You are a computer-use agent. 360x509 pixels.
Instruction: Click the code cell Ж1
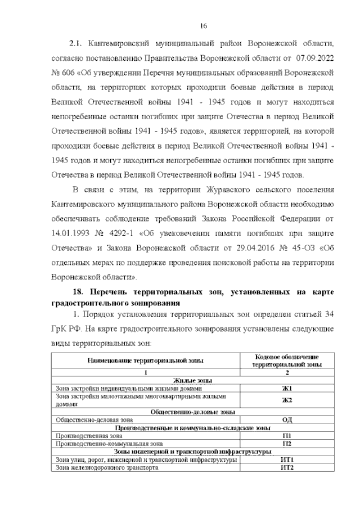(x=287, y=388)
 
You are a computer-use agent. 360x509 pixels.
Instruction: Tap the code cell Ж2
(x=287, y=400)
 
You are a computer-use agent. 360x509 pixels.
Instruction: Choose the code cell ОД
(x=287, y=420)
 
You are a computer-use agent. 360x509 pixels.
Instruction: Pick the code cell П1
(x=287, y=436)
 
